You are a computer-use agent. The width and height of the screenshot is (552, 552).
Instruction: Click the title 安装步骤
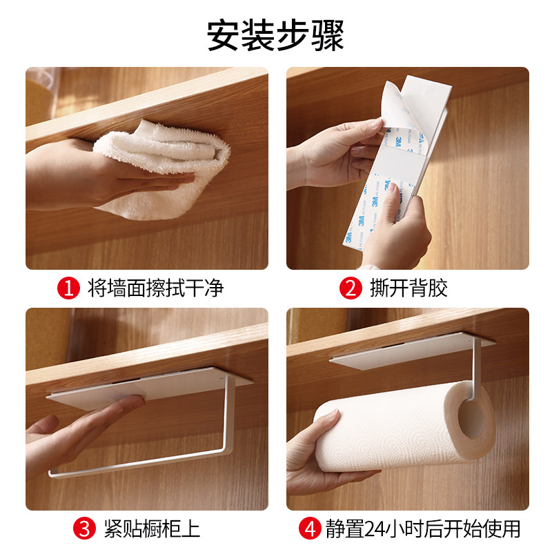point(275,36)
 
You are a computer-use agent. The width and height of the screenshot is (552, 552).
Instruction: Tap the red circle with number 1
point(68,288)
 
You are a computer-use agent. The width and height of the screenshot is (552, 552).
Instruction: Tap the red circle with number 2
point(351,288)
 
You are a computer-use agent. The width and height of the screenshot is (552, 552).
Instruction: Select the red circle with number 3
point(84,528)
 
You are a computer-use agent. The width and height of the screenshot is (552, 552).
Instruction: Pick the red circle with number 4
point(310,528)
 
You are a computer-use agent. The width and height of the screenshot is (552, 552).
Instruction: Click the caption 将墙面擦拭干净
point(156,288)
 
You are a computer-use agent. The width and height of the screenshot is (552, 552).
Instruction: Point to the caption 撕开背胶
point(408,288)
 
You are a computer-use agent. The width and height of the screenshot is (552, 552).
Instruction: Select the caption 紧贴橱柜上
point(152,528)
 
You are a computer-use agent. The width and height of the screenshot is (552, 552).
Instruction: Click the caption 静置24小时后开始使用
point(423,528)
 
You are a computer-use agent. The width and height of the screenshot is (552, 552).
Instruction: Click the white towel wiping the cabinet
point(162,169)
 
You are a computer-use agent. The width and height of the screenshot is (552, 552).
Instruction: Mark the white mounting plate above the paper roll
point(412,351)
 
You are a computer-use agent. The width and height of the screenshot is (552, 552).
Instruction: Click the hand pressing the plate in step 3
point(81,433)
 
